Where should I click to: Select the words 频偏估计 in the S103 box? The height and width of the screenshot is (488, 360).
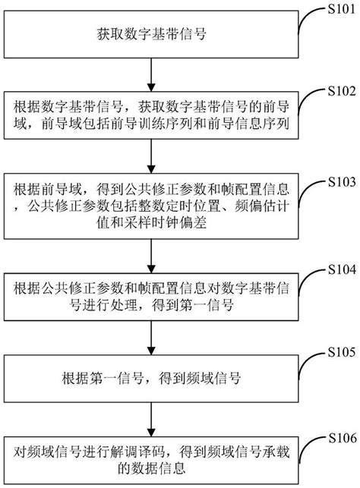click(x=255, y=207)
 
